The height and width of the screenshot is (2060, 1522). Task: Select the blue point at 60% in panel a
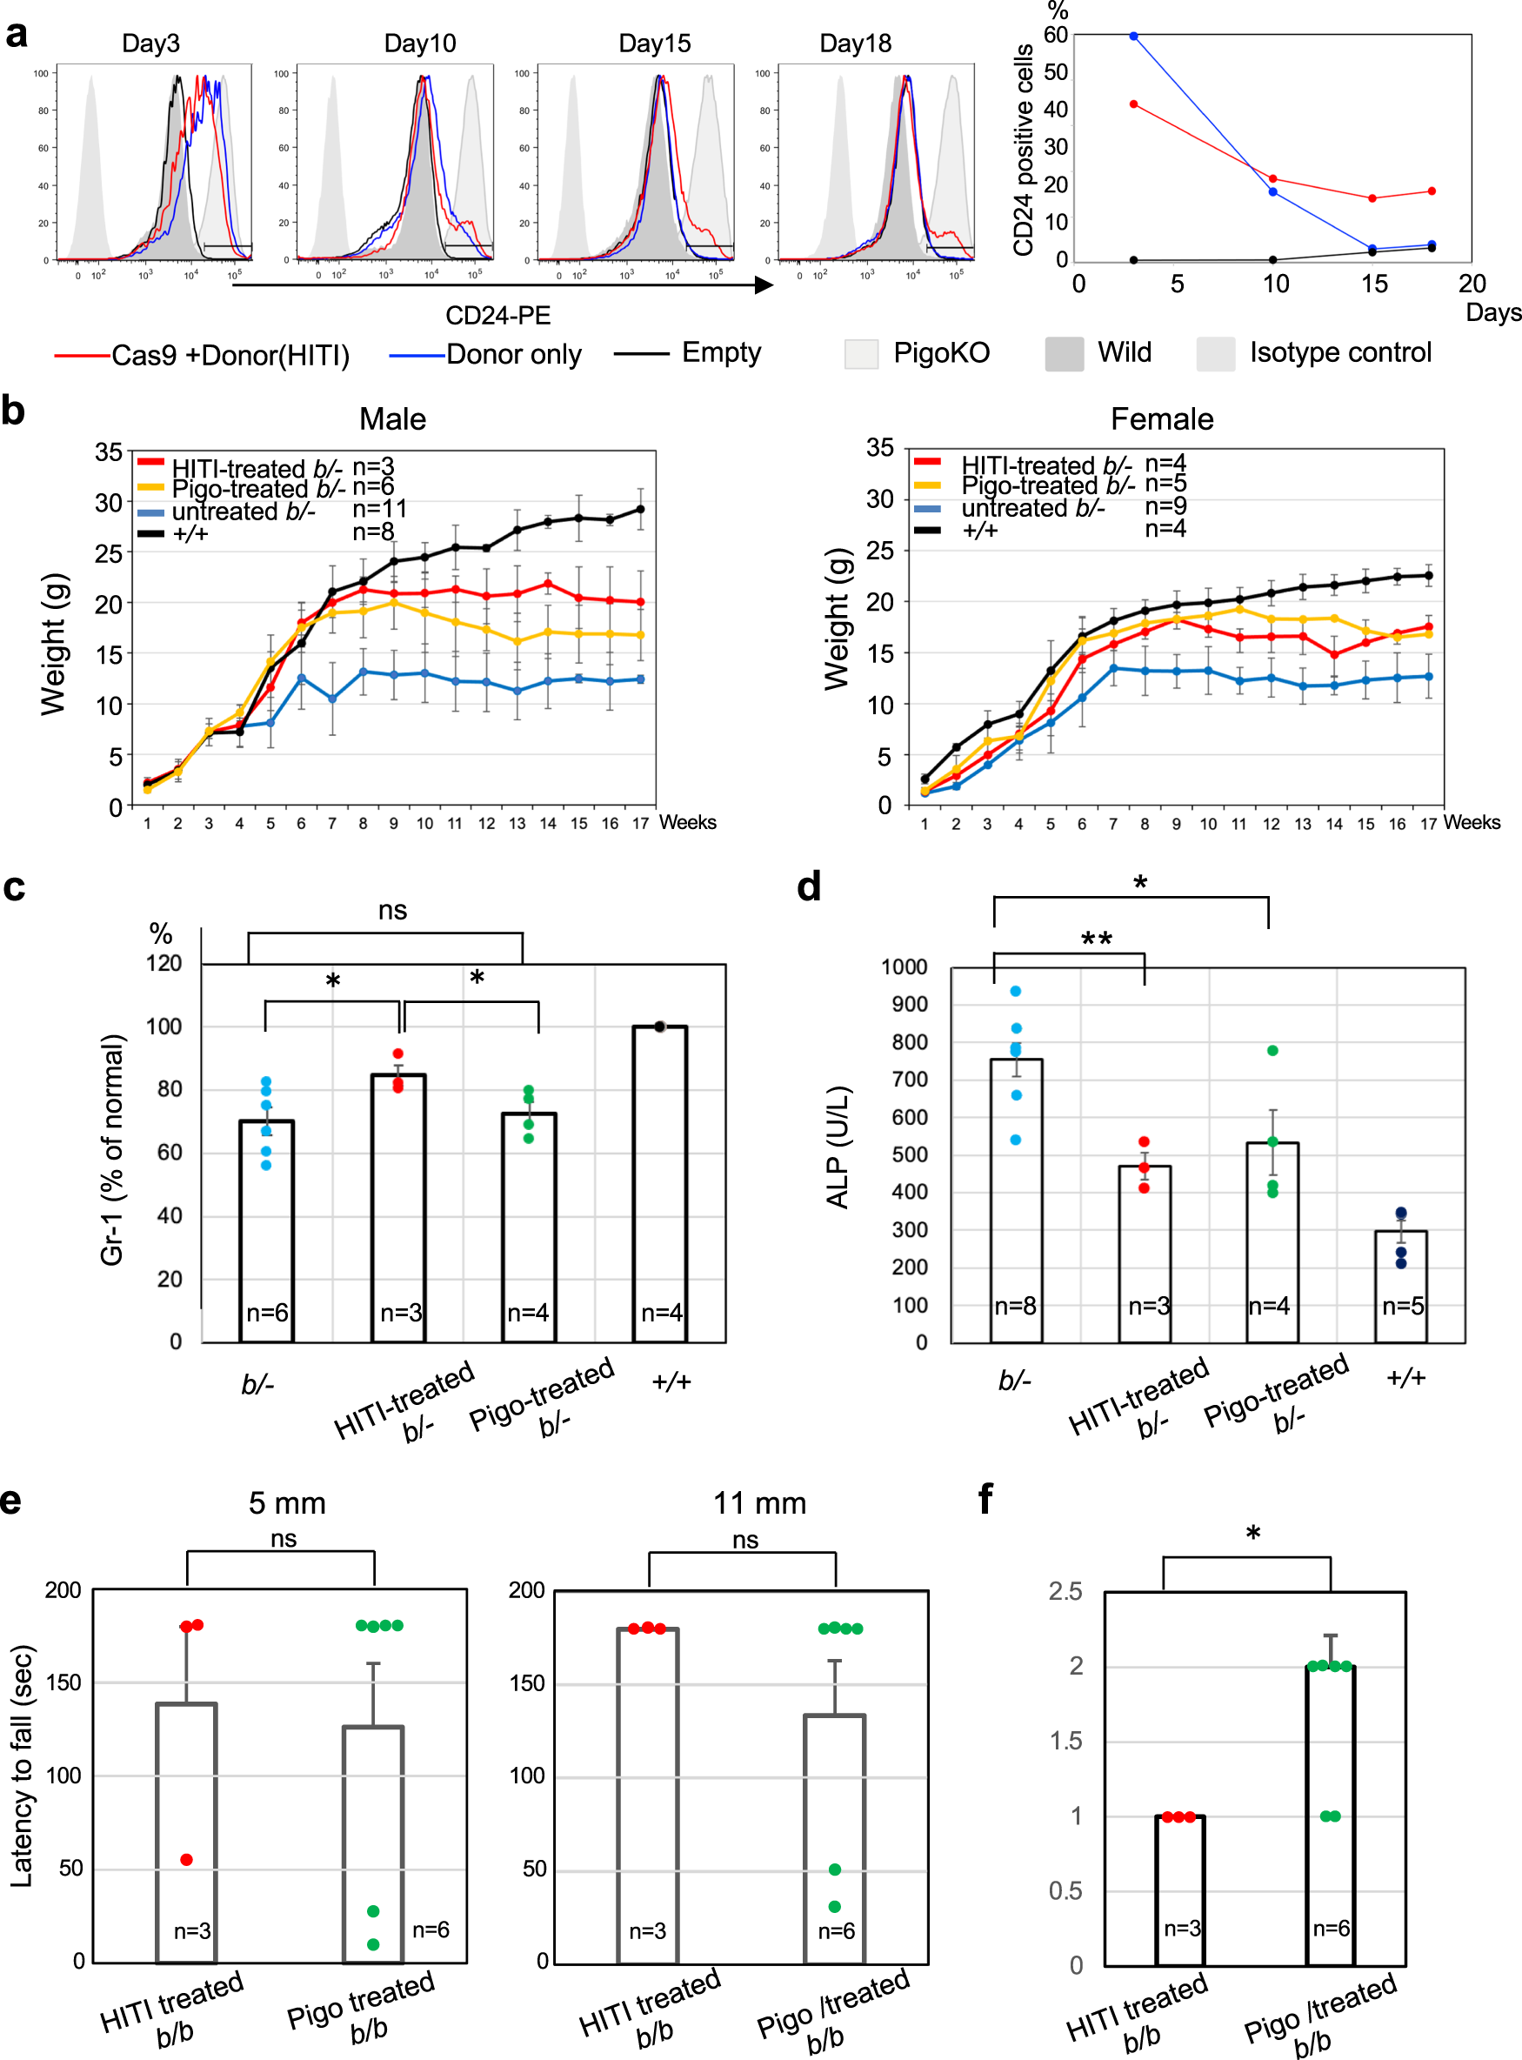1133,36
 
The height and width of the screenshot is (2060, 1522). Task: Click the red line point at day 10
1273,178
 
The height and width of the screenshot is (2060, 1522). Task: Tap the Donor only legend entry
513,355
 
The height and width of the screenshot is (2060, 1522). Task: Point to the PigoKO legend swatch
860,354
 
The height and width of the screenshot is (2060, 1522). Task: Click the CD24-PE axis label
497,315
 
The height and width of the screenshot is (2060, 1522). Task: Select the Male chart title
392,419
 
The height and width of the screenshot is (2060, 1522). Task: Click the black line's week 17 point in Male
640,510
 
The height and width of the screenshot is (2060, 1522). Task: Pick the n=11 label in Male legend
379,510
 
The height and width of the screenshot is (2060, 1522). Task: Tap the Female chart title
1161,419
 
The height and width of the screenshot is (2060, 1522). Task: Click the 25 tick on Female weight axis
879,551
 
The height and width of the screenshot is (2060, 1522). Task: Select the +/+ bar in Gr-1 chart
659,1183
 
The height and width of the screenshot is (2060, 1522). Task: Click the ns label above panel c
392,910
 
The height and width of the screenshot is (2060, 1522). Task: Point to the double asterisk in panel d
1097,939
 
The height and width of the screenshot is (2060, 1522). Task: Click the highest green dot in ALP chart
1272,1050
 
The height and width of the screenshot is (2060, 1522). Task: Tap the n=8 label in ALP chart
1015,1306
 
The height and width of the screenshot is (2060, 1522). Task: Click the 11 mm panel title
759,1503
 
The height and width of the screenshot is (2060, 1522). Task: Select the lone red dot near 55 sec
187,1859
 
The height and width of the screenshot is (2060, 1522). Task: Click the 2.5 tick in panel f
1065,1591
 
